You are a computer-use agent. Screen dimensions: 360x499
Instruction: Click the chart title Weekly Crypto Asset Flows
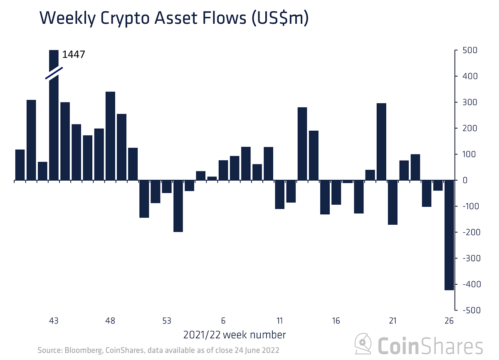coord(174,19)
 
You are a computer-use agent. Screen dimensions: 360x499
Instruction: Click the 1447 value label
coord(74,54)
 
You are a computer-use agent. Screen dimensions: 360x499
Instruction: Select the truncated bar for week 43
coord(54,125)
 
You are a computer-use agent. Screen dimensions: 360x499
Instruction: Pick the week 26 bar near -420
coord(449,235)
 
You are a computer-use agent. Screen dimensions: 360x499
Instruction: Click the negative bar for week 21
coord(393,202)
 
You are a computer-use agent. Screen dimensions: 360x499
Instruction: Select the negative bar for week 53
coord(167,187)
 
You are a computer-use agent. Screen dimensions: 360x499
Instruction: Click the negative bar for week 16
coord(336,193)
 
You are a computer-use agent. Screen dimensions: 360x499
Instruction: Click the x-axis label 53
coord(167,321)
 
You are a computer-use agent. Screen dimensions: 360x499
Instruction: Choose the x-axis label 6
coord(223,321)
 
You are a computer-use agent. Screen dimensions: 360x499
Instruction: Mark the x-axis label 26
coord(449,321)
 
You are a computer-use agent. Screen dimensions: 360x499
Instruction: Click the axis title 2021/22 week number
coord(235,335)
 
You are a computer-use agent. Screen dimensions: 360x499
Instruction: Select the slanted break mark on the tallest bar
coord(54,73)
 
